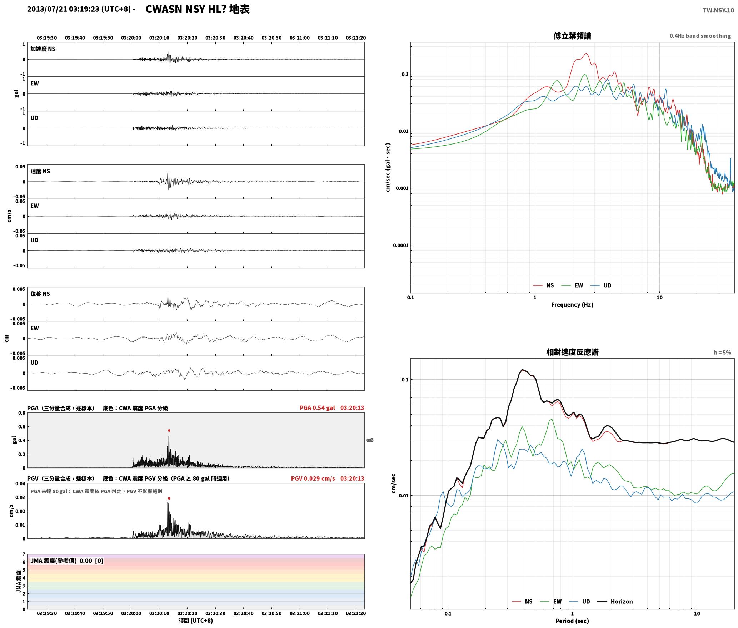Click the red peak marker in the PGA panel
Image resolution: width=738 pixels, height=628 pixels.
coord(169,431)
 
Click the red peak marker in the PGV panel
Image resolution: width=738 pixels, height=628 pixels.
coord(169,498)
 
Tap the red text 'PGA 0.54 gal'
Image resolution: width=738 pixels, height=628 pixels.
coord(317,408)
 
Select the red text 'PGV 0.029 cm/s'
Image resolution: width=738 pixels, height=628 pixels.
coord(313,478)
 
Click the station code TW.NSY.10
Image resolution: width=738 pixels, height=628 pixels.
coord(718,10)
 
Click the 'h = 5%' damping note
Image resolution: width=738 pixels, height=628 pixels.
coord(722,353)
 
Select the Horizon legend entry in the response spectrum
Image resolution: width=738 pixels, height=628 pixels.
coord(615,602)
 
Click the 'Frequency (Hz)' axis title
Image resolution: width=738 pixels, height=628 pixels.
coord(572,305)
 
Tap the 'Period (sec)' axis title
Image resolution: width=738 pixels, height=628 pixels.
coord(572,621)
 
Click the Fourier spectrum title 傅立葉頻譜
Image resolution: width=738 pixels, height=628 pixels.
coord(572,36)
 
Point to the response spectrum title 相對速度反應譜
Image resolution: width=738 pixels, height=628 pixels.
coord(572,352)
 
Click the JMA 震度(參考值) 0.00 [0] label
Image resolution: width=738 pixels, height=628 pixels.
coord(67,561)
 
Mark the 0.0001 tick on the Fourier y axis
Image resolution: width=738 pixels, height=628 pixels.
coord(400,245)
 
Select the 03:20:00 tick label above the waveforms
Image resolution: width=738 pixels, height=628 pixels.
coord(131,38)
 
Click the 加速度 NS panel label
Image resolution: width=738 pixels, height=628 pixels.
coord(43,49)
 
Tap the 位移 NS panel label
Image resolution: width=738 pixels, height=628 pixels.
coord(40,294)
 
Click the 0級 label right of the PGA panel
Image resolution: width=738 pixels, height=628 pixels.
coord(370,440)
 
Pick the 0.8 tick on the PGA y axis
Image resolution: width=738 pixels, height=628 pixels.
coord(22,413)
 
